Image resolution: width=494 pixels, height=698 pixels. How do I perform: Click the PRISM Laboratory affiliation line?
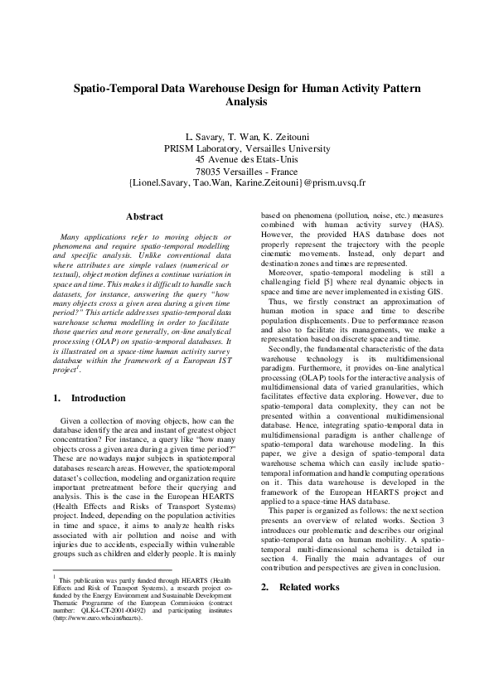pyautogui.click(x=246, y=148)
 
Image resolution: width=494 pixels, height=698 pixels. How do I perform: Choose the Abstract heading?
pyautogui.click(x=143, y=216)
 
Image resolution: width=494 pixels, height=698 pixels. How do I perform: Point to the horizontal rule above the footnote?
pyautogui.click(x=100, y=570)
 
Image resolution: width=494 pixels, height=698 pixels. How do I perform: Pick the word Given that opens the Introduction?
pyautogui.click(x=74, y=421)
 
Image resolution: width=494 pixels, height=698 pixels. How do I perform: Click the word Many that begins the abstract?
pyautogui.click(x=74, y=238)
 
